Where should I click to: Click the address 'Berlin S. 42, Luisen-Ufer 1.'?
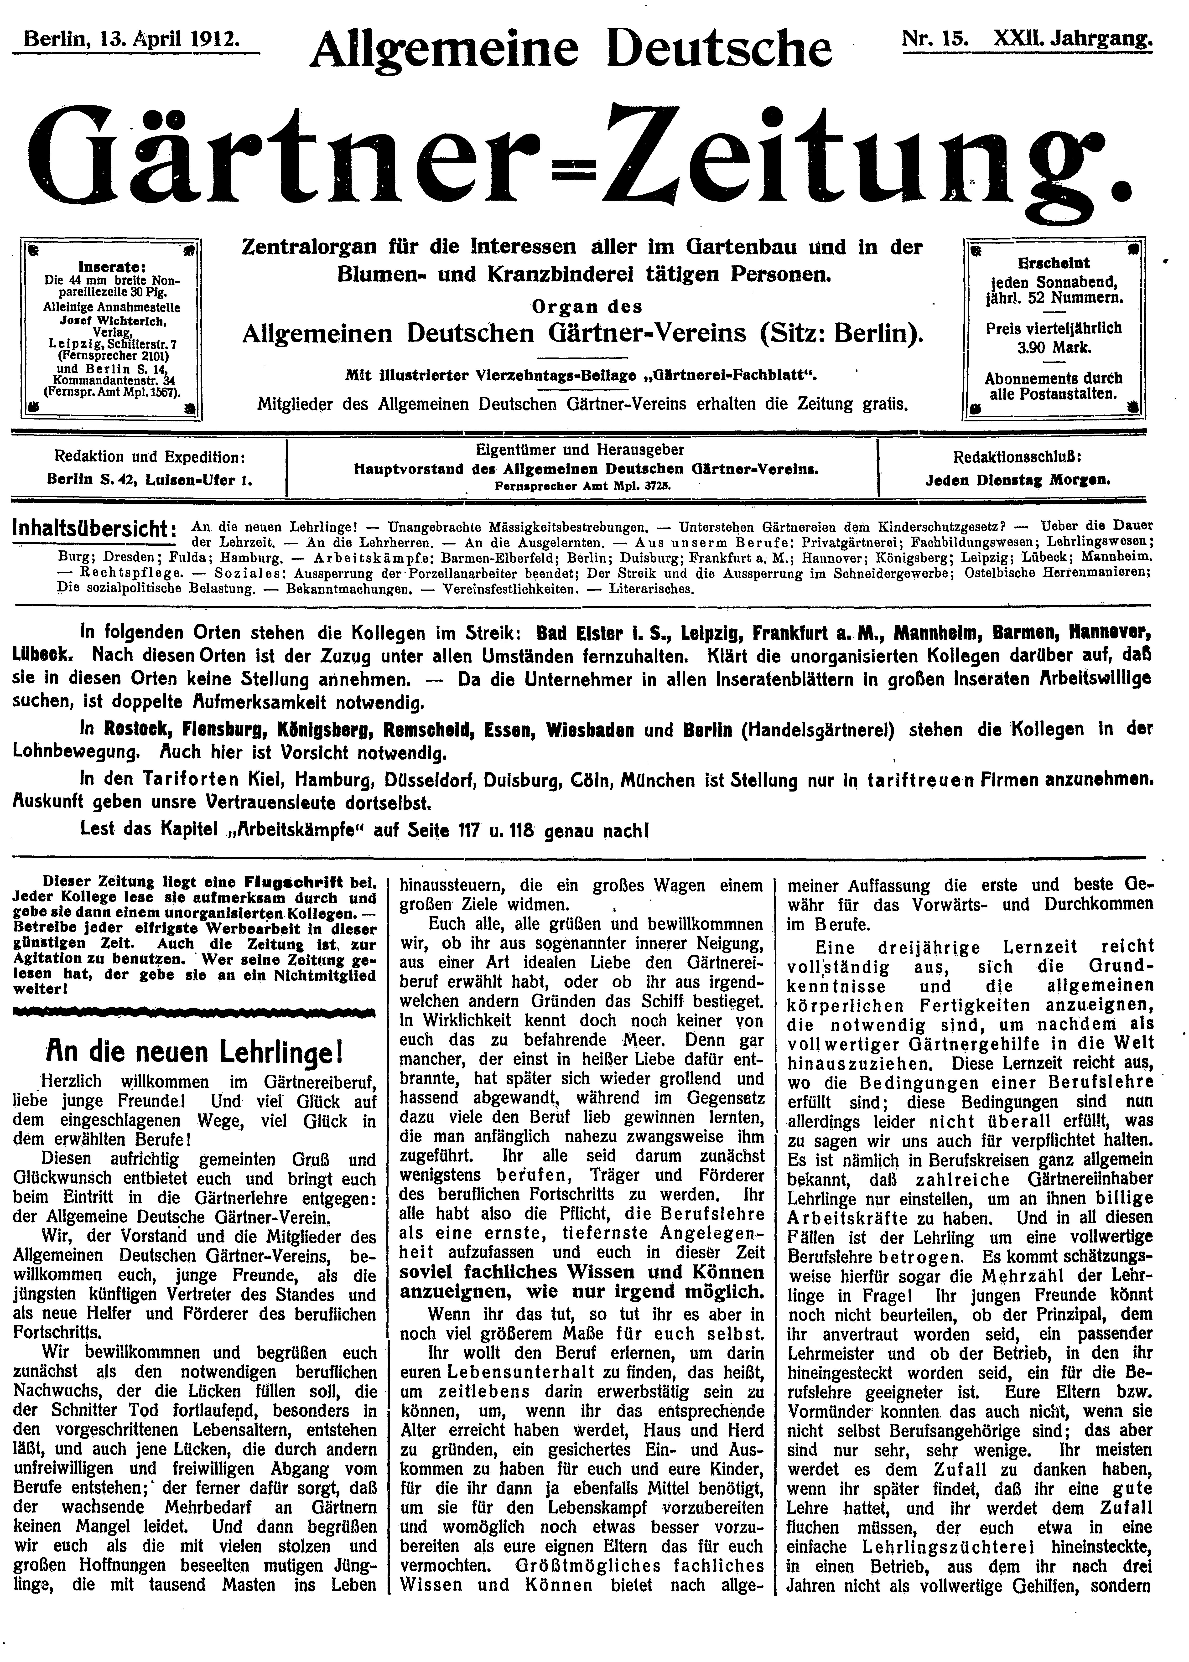(149, 481)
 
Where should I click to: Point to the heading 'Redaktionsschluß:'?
(1017, 457)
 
